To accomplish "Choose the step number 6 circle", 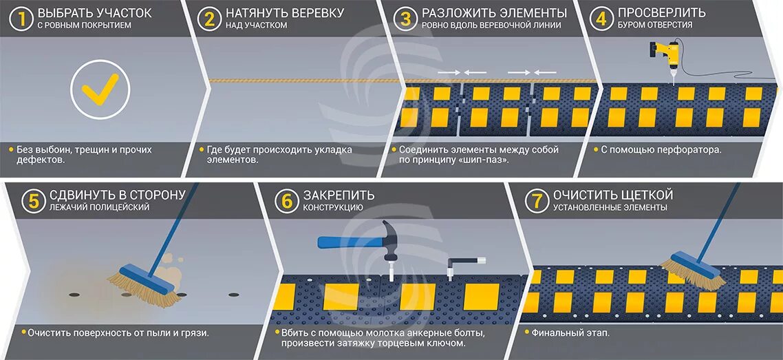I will click(x=286, y=200).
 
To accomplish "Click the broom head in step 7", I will click(x=692, y=270).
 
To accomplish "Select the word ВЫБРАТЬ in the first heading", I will click(x=67, y=13).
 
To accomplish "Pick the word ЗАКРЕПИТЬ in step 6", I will click(x=339, y=195).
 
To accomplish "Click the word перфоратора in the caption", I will click(x=688, y=149).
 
